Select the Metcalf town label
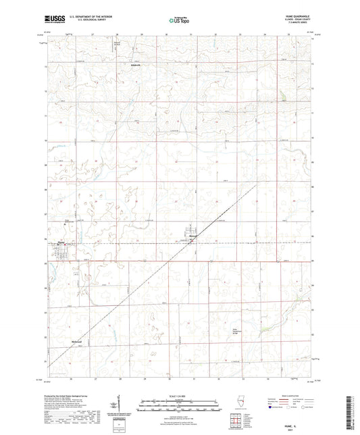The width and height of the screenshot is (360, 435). [192, 236]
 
